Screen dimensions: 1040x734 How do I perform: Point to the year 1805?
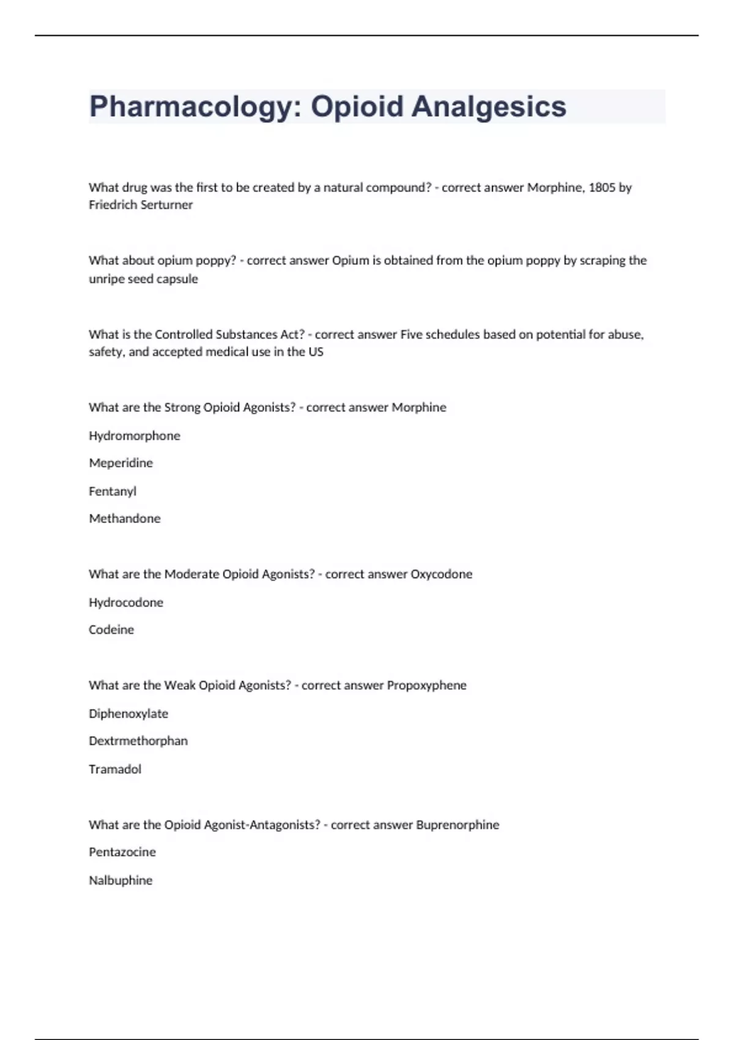[602, 187]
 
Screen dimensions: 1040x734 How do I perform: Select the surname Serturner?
[168, 205]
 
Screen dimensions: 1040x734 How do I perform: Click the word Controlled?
[183, 334]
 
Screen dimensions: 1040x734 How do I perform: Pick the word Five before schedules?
[411, 334]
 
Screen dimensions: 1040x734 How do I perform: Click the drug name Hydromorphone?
[135, 436]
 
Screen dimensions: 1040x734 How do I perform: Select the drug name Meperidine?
[120, 463]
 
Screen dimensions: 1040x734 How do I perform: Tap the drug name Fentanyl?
[113, 491]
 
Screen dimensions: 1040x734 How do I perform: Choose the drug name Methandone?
[125, 518]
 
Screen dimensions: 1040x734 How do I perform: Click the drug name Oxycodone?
[441, 574]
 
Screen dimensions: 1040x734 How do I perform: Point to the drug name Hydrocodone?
[126, 602]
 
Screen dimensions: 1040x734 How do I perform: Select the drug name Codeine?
[111, 630]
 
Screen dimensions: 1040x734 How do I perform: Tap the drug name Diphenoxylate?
[128, 713]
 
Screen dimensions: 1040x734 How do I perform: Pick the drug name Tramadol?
[115, 769]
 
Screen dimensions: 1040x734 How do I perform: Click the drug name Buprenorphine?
[457, 825]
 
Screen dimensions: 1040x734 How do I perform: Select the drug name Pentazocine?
[122, 852]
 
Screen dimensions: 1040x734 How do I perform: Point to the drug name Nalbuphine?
[120, 880]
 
